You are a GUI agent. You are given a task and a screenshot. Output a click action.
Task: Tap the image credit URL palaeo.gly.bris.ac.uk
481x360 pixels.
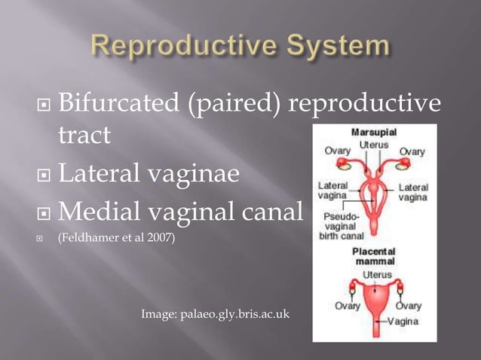[x=216, y=312]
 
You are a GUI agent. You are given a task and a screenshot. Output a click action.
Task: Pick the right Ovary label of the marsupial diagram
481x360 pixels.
[x=412, y=151]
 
